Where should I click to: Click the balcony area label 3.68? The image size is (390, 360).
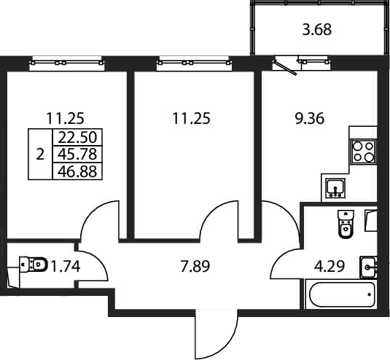pos(316,30)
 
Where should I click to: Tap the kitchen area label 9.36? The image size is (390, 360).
pos(309,119)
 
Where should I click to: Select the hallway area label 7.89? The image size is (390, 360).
pos(195,266)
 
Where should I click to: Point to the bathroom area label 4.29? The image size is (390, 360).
pos(329,267)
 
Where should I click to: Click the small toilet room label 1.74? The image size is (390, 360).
pos(65,267)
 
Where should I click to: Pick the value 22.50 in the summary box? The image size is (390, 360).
pos(77,138)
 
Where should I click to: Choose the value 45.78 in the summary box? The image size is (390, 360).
pos(77,154)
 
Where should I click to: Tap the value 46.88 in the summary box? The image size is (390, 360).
pos(77,171)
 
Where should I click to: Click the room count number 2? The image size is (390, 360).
pos(40,154)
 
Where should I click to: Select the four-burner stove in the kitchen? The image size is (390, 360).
pos(362,151)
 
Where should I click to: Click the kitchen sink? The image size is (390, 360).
pos(335,188)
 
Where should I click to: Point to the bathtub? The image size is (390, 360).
pos(342,294)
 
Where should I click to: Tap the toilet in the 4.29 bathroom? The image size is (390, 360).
pos(346,224)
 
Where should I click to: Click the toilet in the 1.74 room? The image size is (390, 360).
pos(34,264)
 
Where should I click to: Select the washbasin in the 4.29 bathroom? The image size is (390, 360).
pos(369,267)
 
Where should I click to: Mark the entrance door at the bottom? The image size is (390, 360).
pos(217,337)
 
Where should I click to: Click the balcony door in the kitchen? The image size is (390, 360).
pos(285,66)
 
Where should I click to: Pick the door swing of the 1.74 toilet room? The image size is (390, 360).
pos(93,266)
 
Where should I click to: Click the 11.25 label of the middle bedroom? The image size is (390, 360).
pos(191,119)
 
